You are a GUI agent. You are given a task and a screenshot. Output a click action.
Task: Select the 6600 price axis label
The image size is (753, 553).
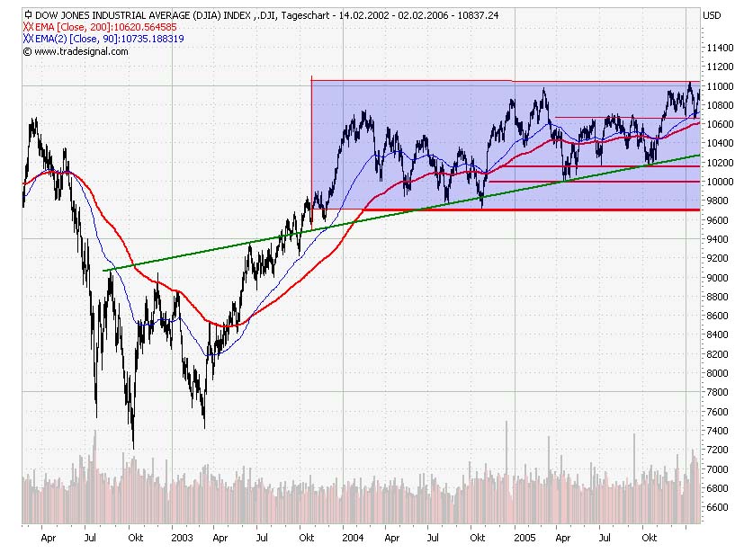coord(719,507)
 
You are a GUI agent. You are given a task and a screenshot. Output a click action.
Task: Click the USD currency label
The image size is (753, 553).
coord(712,15)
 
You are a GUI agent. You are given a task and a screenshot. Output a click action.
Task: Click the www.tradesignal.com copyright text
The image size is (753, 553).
coord(81,51)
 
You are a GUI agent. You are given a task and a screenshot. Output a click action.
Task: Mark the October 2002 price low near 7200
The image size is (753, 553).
coord(133,447)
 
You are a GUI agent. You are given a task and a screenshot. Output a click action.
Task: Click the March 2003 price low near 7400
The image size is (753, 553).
coord(205,426)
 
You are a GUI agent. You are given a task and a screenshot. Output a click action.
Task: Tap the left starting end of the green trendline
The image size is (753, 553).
coord(104,270)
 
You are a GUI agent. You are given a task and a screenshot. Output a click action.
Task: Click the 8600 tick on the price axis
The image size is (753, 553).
coord(719,316)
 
